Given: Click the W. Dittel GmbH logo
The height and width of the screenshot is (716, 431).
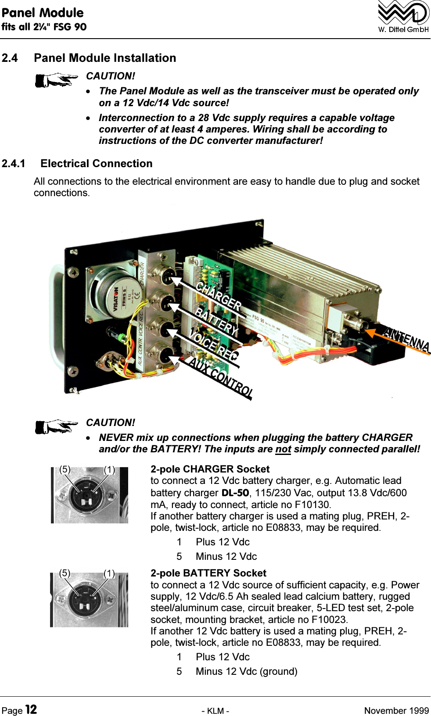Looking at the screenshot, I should [x=403, y=17].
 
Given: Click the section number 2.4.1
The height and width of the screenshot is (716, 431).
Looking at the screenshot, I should [x=14, y=164].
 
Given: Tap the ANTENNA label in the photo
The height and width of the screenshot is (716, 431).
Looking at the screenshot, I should [x=406, y=339].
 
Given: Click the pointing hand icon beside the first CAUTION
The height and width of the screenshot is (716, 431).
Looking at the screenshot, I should [x=56, y=80].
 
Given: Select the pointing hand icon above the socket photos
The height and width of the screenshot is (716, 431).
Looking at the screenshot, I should [x=56, y=426].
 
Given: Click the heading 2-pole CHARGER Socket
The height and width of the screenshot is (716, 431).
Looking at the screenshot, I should [x=210, y=469].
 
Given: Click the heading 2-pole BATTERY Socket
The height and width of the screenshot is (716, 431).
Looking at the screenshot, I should [x=208, y=573].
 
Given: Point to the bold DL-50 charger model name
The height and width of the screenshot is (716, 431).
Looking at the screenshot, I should [x=235, y=493].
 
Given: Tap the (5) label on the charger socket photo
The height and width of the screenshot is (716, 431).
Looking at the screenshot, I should [x=65, y=469].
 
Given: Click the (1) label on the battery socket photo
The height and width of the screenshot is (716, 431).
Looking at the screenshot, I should [x=109, y=573].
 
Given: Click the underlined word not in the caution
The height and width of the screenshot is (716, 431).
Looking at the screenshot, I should [x=283, y=449].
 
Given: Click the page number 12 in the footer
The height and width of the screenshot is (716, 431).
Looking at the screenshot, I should [x=31, y=709].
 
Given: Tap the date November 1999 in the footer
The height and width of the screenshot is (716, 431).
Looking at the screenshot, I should [x=396, y=711].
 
